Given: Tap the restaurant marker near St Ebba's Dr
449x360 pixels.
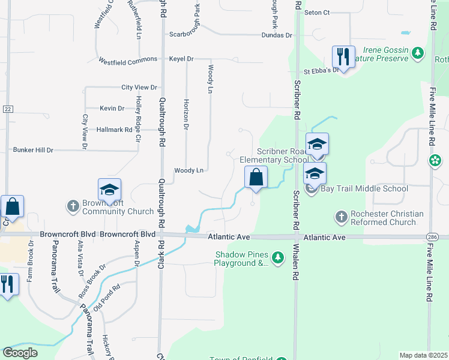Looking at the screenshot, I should pyautogui.click(x=343, y=57).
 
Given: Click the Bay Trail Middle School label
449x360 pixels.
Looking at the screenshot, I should pyautogui.click(x=364, y=188).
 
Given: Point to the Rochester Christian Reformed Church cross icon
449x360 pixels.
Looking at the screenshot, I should pyautogui.click(x=341, y=216).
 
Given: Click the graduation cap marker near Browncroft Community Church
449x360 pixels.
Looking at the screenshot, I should pyautogui.click(x=110, y=190).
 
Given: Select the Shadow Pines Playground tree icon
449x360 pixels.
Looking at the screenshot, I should pyautogui.click(x=277, y=258).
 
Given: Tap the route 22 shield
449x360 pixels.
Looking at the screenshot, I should pyautogui.click(x=7, y=109).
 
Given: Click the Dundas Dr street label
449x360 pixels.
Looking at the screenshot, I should pyautogui.click(x=277, y=35).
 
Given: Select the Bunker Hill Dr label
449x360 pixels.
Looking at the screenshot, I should pyautogui.click(x=33, y=149).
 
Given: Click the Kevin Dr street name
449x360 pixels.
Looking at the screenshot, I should pyautogui.click(x=112, y=109).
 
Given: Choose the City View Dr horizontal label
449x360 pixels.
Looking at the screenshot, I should pyautogui.click(x=139, y=88).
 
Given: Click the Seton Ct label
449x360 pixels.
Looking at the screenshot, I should pyautogui.click(x=318, y=12).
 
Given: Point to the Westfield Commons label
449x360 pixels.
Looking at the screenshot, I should pyautogui.click(x=127, y=60).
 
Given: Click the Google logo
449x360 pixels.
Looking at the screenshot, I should pyautogui.click(x=20, y=353).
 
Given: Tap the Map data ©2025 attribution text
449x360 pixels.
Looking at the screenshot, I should pyautogui.click(x=423, y=355).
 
